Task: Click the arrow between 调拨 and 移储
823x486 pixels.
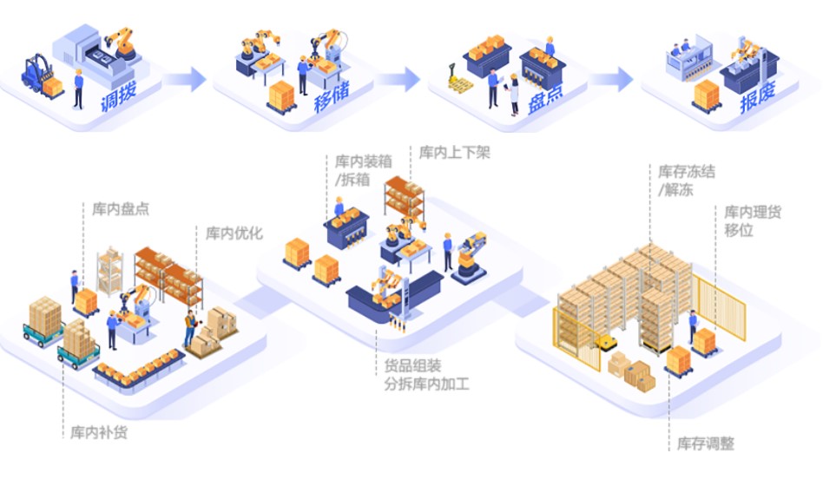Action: click(x=184, y=80)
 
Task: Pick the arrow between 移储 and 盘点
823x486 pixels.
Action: click(x=398, y=80)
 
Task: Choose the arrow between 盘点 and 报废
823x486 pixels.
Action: click(x=613, y=80)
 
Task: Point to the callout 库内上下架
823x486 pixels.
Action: click(x=455, y=154)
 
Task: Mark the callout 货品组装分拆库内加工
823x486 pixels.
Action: click(x=426, y=374)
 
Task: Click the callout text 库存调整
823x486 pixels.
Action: click(x=706, y=443)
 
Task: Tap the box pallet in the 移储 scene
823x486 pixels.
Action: click(x=282, y=95)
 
